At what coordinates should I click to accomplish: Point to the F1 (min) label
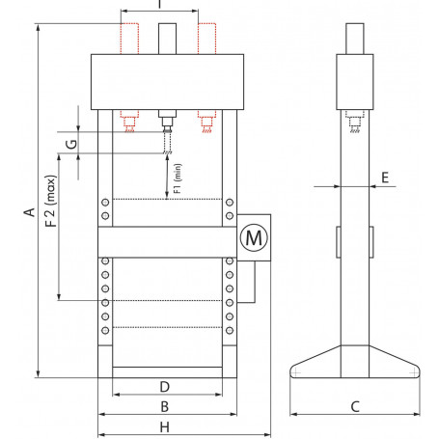point(178,181)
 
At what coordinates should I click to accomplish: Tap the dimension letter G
point(69,146)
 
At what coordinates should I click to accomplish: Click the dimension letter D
point(165,387)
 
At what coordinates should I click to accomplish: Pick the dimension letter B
point(165,406)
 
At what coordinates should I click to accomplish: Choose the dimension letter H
point(165,425)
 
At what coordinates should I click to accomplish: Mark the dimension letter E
point(385,178)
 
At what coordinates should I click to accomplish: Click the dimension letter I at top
point(160,5)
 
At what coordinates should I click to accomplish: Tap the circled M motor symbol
point(252,235)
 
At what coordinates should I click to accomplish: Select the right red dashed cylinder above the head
point(206,37)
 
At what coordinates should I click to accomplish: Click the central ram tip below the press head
point(167,123)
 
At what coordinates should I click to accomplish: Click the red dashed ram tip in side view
point(353,122)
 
